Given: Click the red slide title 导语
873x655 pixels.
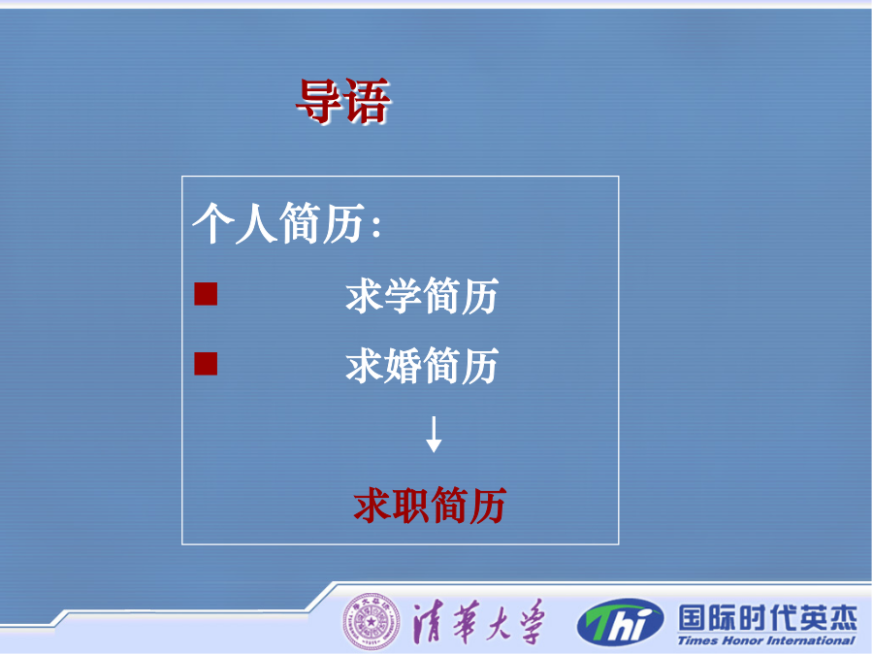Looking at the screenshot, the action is coord(343,100).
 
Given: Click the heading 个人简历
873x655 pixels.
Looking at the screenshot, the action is coord(279,223).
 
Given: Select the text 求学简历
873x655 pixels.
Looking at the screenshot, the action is coord(422,295).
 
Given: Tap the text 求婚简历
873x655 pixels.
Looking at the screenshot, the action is coord(422,366).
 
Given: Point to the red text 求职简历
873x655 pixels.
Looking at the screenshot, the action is coord(430,505).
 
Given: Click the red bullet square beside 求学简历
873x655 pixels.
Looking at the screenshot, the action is coord(206,294).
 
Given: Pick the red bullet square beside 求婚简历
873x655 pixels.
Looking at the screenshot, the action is coord(206,364).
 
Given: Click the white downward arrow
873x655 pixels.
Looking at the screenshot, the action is coord(434,435).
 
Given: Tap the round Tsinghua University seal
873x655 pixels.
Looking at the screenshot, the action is coord(371,621).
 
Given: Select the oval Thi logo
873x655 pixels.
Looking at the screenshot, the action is coord(620,622).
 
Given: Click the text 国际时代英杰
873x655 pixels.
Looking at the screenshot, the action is coord(767,618).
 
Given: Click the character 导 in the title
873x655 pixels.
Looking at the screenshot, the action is coord(319,100).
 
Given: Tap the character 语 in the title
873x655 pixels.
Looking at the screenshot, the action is coord(368,101).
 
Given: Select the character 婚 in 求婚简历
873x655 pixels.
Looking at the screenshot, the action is coord(403,366).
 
